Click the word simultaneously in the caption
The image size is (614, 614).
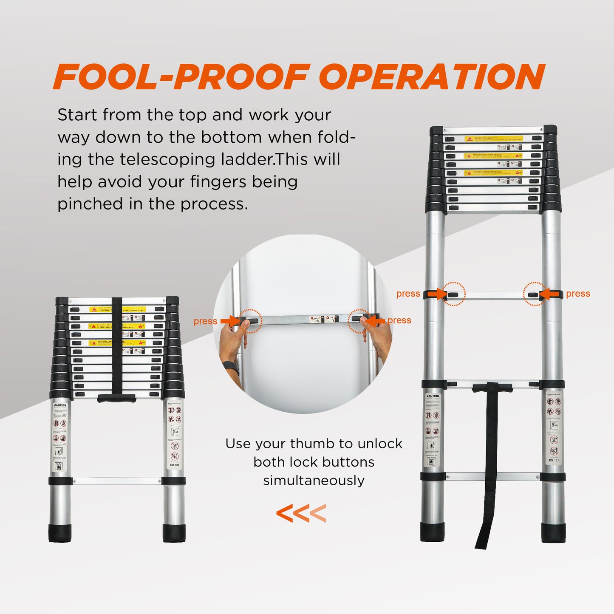[x=314, y=481]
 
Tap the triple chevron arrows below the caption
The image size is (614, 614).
[x=301, y=513]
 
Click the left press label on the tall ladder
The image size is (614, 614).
[x=408, y=294]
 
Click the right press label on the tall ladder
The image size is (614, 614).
[x=578, y=294]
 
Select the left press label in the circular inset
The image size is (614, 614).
[x=205, y=322]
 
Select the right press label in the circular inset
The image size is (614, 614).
[x=399, y=320]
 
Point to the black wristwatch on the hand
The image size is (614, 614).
[x=232, y=368]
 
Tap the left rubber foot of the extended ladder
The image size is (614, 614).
[x=432, y=532]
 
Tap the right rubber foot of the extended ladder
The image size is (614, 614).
[x=553, y=532]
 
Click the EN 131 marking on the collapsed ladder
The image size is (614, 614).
[x=175, y=465]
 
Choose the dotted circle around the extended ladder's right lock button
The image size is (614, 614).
[x=535, y=294]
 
